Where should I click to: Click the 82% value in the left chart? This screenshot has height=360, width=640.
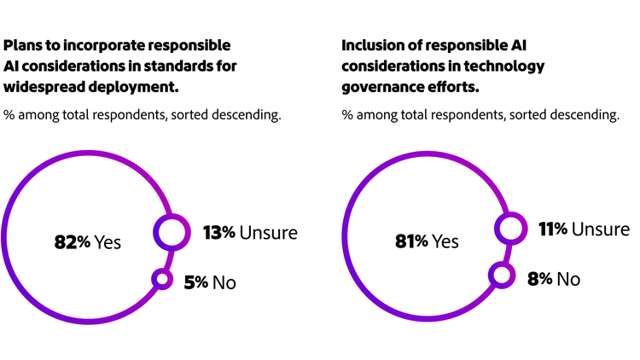point(72,242)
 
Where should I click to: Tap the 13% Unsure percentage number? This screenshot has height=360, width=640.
point(218,232)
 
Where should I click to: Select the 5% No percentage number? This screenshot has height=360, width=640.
point(196,282)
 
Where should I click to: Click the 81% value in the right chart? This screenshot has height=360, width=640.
point(410,241)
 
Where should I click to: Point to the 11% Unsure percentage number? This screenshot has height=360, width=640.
point(554,229)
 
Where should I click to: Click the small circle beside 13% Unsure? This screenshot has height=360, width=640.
point(170,231)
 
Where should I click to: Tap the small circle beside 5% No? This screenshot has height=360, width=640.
point(160,279)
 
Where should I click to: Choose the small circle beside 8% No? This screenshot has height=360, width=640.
point(501,275)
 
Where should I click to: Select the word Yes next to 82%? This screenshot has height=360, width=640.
point(108,242)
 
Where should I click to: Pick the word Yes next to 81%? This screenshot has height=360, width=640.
point(445,241)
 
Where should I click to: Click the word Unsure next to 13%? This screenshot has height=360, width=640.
point(268,232)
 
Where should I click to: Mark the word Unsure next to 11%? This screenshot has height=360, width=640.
point(601,229)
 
